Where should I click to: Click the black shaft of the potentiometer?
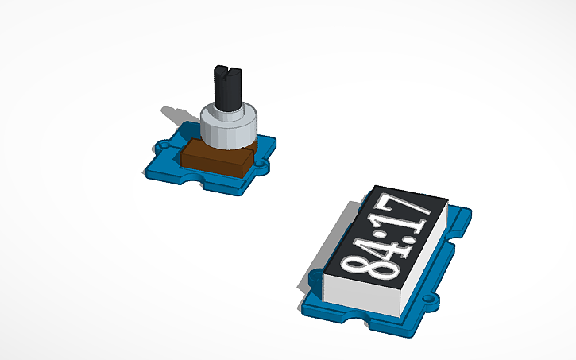pos(228,88)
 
